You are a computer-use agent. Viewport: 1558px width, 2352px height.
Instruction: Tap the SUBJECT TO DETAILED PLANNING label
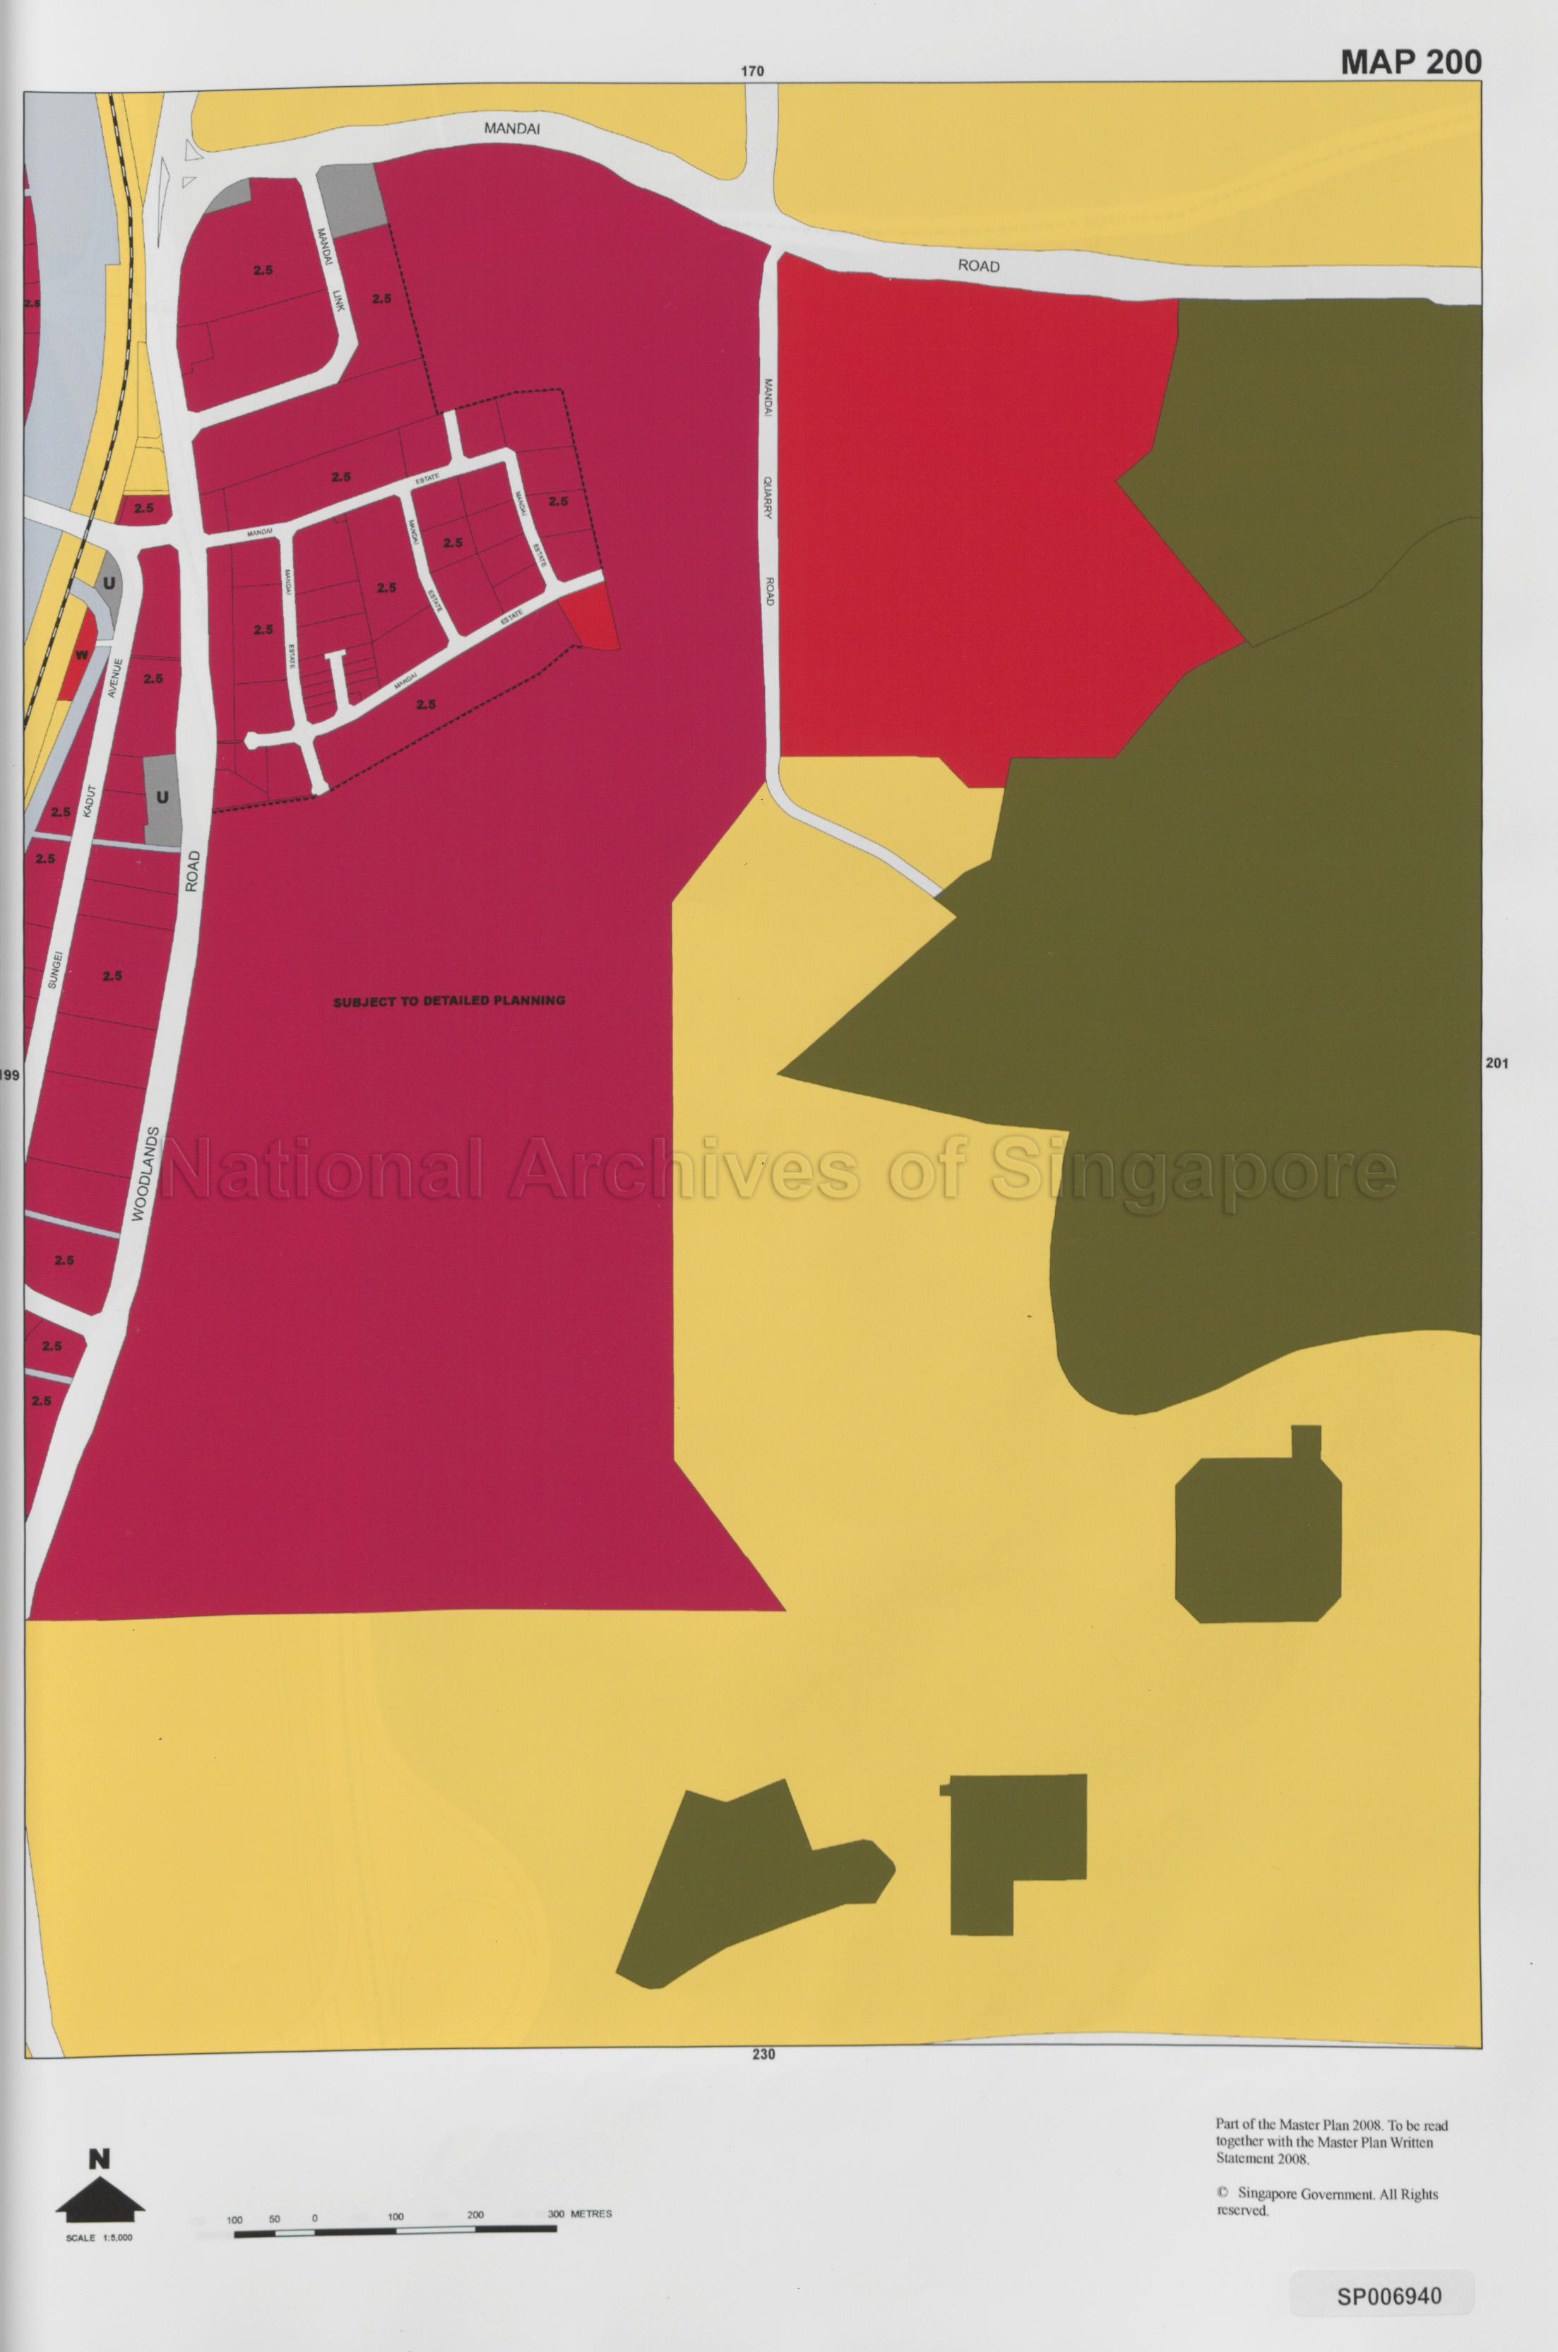tap(449, 1001)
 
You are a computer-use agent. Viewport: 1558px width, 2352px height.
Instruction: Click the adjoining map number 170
tap(752, 71)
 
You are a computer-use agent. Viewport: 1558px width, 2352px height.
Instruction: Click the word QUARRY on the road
tap(768, 497)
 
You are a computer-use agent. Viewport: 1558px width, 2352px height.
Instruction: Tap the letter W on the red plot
tap(81, 655)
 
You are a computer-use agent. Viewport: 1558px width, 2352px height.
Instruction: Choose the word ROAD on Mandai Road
tap(979, 266)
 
